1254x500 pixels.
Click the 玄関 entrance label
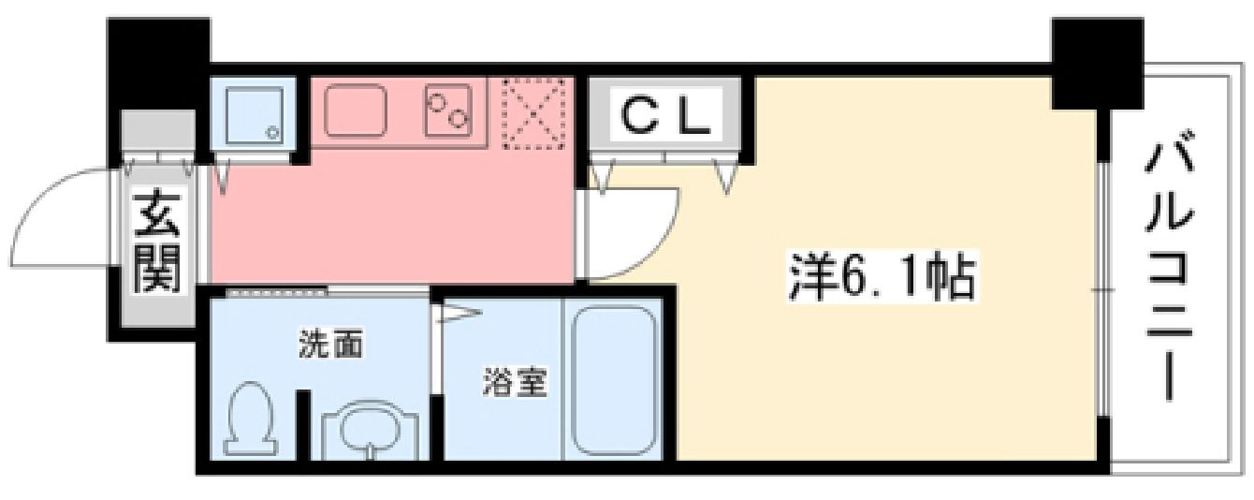[x=156, y=243]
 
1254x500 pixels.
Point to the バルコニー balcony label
[x=1169, y=272]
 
